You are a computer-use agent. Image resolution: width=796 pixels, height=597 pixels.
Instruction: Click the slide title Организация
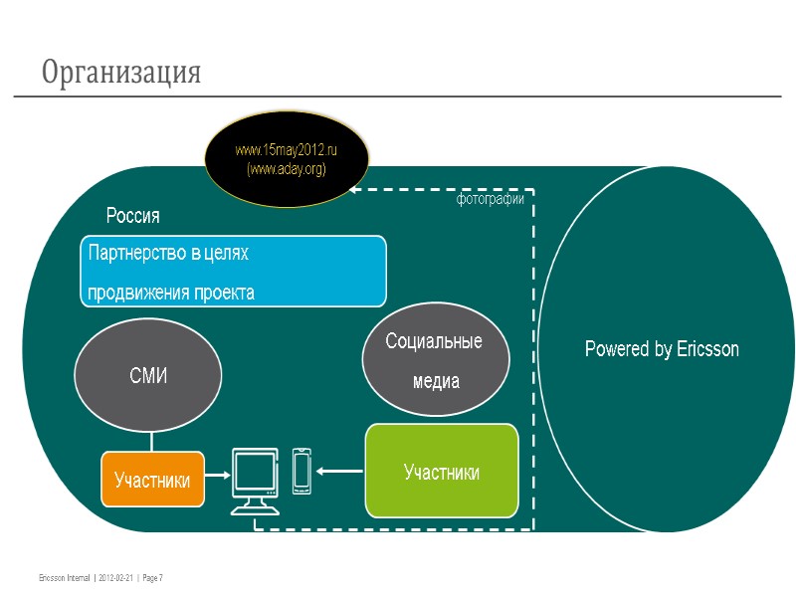point(121,73)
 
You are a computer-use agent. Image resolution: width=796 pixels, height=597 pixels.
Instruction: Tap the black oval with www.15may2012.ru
point(287,159)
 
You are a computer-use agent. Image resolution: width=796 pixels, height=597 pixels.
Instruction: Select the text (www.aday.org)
point(287,169)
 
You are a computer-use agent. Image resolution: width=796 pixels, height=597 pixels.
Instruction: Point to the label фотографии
point(490,199)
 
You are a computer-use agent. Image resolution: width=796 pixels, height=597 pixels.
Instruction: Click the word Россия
point(133,216)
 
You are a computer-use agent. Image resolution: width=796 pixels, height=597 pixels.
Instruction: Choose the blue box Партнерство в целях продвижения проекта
point(233,271)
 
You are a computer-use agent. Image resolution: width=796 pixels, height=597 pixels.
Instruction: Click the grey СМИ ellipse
point(148,376)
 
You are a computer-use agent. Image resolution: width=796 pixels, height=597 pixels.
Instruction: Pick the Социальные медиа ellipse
point(435,361)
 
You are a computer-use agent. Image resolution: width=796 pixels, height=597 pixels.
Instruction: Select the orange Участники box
point(152,480)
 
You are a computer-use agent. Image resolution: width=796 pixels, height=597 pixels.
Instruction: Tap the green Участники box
point(442,472)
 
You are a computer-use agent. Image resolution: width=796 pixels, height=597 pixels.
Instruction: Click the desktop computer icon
point(255,480)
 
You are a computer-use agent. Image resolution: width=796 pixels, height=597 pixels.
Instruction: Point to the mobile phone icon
point(302,470)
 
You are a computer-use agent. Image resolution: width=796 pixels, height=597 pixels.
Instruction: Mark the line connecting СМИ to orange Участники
point(151,440)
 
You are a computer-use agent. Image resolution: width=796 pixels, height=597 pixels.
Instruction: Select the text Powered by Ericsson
point(662,349)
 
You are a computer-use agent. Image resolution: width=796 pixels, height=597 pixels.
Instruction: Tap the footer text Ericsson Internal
point(64,577)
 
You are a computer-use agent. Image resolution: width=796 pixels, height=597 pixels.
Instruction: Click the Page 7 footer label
point(153,577)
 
